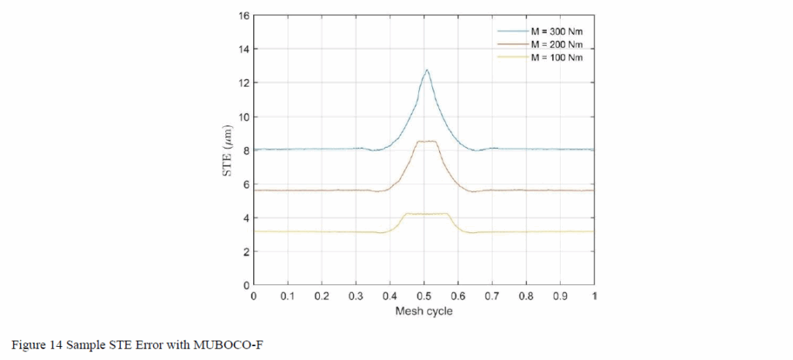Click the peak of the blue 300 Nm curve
click(x=426, y=70)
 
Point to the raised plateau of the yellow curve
click(x=426, y=214)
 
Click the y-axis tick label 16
click(x=243, y=15)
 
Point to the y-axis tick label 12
click(x=243, y=83)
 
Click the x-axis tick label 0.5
click(x=424, y=297)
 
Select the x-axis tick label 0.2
click(x=321, y=297)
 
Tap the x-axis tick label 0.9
click(x=561, y=297)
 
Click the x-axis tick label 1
click(x=595, y=297)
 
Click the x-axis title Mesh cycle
click(x=424, y=312)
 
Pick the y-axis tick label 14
click(x=243, y=50)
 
